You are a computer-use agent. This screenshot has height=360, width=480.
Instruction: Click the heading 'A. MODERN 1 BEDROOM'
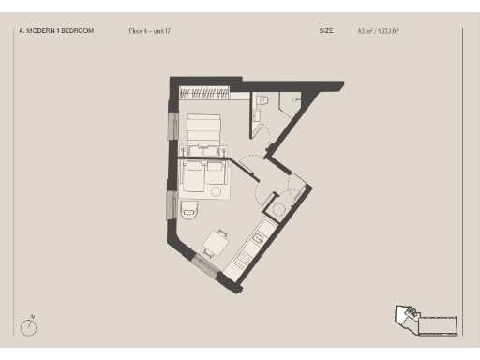[56, 31]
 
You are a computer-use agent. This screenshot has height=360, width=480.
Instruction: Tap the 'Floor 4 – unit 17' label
[151, 31]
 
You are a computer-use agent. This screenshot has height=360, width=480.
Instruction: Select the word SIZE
[326, 31]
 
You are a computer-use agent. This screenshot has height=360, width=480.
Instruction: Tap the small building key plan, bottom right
[426, 321]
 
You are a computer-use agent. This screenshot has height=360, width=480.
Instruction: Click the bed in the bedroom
[203, 132]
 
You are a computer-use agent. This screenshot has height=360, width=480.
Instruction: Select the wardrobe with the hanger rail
[204, 93]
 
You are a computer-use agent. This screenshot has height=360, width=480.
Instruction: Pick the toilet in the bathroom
[264, 99]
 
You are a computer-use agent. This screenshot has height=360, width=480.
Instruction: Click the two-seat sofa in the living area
[203, 174]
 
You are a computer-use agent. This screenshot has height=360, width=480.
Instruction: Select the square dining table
[216, 243]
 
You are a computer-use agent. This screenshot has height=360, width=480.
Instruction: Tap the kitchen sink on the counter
[258, 238]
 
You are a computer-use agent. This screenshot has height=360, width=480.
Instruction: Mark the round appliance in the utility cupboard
[277, 208]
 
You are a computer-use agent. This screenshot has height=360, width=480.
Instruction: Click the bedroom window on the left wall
[172, 126]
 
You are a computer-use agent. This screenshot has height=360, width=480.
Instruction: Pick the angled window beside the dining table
[205, 265]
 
